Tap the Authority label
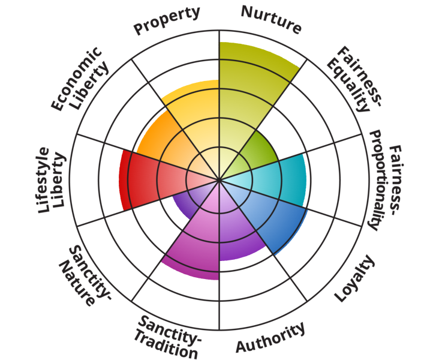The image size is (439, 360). coord(270,338)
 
